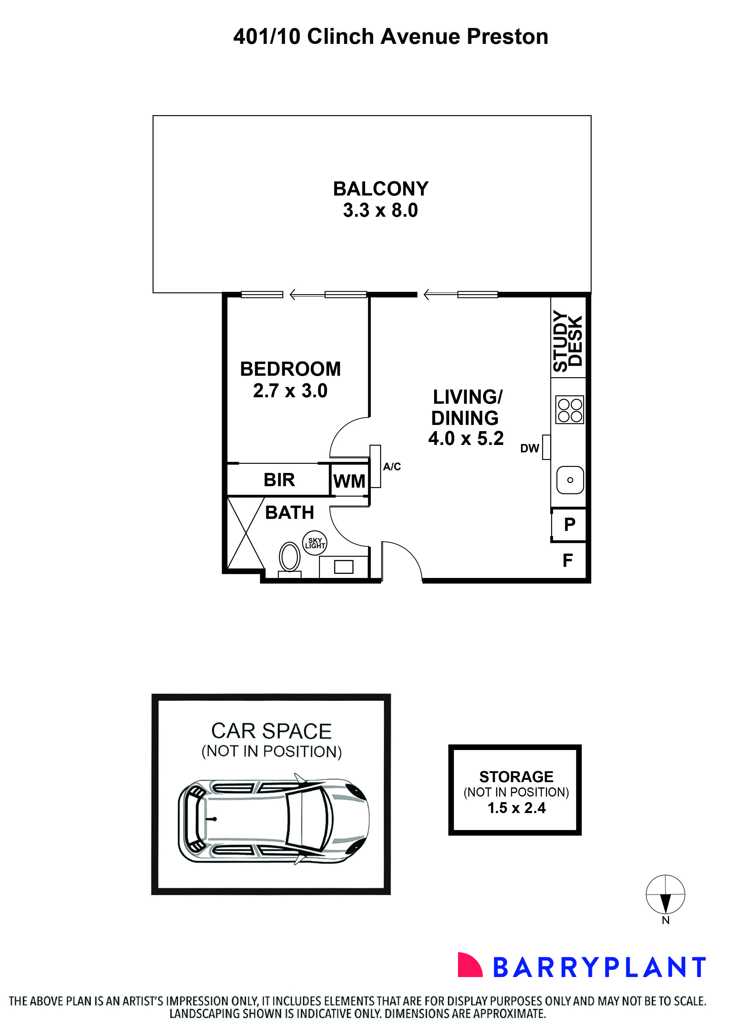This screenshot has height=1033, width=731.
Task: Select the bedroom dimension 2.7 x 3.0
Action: click(290, 390)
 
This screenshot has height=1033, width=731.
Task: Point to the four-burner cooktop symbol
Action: click(570, 409)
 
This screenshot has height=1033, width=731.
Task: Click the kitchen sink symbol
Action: click(570, 480)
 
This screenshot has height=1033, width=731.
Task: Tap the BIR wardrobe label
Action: click(279, 480)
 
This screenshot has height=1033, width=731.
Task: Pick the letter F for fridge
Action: click(568, 561)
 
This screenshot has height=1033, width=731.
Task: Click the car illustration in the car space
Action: click(274, 821)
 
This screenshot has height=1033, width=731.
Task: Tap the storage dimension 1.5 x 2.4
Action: click(516, 808)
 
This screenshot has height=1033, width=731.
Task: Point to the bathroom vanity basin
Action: click(343, 567)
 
